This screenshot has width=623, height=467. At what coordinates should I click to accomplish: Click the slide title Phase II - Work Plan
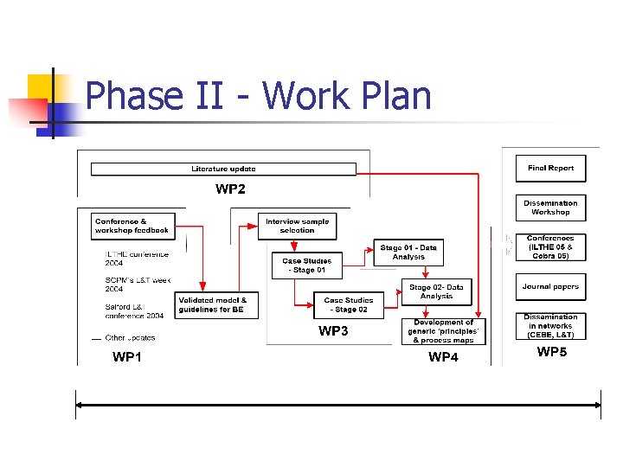pos(259,96)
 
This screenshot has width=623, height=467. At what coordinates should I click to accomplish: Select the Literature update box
pos(223,169)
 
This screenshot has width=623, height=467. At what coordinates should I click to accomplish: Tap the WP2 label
pos(230,189)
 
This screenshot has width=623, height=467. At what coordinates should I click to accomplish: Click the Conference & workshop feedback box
pos(132,227)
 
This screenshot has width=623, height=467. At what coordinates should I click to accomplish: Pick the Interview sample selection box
pos(297,227)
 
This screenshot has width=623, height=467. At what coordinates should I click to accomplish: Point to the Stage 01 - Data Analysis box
pos(408,252)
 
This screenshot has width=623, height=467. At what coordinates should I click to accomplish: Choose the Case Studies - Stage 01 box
pos(307,265)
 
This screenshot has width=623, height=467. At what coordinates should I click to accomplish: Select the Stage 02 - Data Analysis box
pos(436,291)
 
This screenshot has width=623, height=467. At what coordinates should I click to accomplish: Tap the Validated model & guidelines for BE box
pos(216,305)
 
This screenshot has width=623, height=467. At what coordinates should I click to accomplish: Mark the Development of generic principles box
pos(443,331)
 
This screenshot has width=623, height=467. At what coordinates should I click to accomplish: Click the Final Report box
pos(550,169)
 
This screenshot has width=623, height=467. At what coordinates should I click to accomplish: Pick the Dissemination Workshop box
pos(550,208)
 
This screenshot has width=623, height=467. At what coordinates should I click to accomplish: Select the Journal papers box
pos(550,287)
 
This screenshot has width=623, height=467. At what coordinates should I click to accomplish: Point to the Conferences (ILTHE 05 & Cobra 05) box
pos(550,247)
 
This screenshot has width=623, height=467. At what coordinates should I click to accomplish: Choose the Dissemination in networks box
pos(550,326)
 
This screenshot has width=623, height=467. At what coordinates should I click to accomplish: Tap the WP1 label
pos(127,356)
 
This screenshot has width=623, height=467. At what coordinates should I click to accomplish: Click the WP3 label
pos(333,330)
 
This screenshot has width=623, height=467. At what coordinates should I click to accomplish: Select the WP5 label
pos(552,351)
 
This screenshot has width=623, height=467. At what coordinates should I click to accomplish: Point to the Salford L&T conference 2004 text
pos(134,311)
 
